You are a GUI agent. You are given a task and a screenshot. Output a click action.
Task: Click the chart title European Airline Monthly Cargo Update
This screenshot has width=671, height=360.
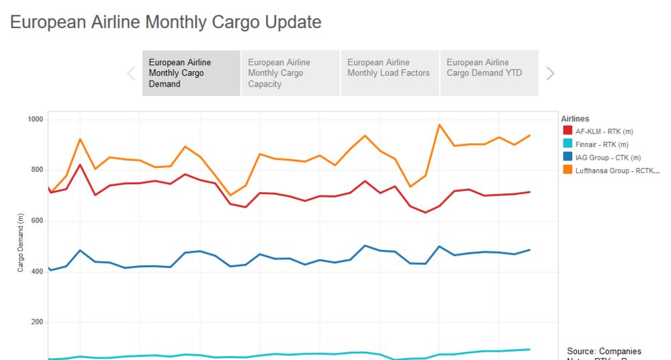pos(166,22)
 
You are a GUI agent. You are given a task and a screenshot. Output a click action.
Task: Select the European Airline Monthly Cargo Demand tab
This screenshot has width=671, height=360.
pos(191,73)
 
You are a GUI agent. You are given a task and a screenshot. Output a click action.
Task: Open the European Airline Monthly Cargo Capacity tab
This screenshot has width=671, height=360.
pos(290,73)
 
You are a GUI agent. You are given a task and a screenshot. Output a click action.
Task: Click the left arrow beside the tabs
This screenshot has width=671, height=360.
pos(131,73)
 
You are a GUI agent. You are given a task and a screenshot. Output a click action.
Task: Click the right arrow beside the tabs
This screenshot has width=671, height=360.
pos(550,73)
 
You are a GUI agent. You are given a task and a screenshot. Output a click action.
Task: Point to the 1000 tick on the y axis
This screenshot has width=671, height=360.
pos(35,120)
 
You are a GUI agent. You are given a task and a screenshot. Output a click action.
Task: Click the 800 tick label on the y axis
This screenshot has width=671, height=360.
pos(36,170)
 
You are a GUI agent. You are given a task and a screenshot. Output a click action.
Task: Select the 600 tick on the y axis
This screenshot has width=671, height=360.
pos(36,221)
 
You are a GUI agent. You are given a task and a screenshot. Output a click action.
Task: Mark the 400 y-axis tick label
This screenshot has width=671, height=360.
pos(36,271)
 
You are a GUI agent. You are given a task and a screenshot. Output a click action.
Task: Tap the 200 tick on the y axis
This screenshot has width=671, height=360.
pos(36,322)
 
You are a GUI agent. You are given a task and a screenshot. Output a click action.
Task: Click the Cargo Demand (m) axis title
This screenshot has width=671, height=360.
pos(21,242)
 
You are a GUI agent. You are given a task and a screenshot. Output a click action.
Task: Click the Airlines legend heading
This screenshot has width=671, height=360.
pos(575,119)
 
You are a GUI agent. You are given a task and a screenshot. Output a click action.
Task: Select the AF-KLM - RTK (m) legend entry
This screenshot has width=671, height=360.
pos(602,131)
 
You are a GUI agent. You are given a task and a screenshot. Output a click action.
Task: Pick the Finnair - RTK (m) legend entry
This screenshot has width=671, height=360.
pos(602,144)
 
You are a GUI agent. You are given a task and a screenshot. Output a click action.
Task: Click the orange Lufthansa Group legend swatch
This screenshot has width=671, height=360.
pos(568,170)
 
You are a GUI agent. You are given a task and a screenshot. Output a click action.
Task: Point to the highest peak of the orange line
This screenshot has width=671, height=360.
pos(439,124)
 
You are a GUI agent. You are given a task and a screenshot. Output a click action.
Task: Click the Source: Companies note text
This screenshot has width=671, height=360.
pos(604,351)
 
